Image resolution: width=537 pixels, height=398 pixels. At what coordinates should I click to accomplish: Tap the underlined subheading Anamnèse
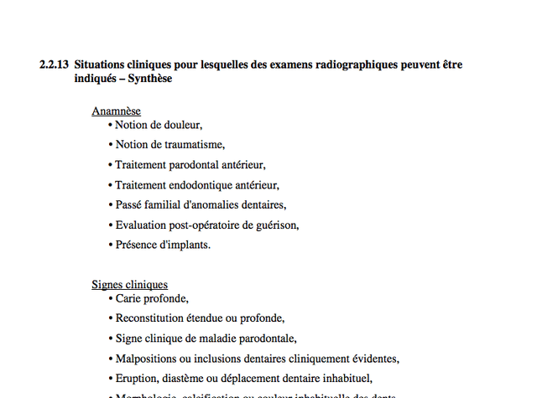(x=116, y=111)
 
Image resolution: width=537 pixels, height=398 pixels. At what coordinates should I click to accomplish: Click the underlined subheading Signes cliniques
(x=129, y=284)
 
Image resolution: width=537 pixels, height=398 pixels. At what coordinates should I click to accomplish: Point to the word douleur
(x=182, y=125)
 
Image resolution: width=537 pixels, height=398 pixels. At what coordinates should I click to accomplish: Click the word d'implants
(x=185, y=246)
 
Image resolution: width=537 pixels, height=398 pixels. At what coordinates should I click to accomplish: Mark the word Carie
(x=129, y=298)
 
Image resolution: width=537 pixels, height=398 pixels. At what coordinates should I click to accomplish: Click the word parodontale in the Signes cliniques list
(x=268, y=339)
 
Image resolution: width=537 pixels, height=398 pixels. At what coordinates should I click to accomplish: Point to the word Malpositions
(x=145, y=359)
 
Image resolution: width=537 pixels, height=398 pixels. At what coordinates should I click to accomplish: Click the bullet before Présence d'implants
(x=111, y=246)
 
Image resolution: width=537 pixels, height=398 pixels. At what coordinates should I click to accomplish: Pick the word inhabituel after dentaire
(x=342, y=379)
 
